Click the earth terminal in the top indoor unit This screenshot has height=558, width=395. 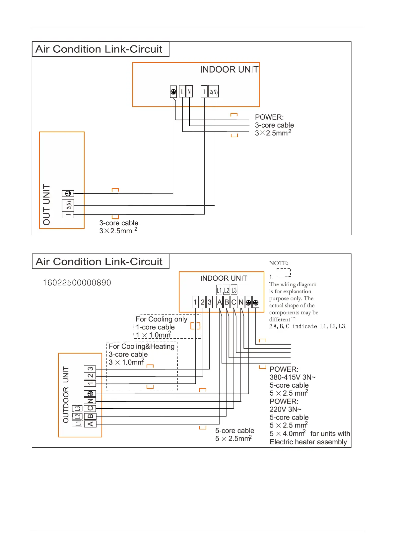tap(173, 92)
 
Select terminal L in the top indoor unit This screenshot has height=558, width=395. tap(182, 92)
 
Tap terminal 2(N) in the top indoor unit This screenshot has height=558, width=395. tap(214, 92)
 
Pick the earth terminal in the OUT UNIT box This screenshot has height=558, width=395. tap(68, 194)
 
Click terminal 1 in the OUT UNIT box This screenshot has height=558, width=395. tap(68, 215)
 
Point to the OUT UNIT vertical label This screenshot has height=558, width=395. tap(47, 205)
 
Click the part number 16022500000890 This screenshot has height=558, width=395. tap(77, 283)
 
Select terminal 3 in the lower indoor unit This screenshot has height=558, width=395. tap(210, 302)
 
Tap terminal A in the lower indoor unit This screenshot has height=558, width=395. tap(219, 302)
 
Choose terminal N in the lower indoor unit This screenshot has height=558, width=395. tap(241, 302)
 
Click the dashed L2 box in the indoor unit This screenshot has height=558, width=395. tap(227, 291)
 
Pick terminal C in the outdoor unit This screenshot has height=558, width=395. tap(90, 409)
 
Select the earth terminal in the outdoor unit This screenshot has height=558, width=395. tap(90, 394)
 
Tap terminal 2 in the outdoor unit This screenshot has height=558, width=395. tap(90, 376)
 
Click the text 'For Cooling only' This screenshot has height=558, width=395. tap(162, 319)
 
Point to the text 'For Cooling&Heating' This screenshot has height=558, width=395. tap(142, 346)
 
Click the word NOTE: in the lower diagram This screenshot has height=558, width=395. tap(279, 263)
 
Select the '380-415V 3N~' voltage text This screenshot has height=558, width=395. tap(293, 377)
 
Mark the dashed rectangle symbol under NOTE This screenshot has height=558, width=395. tap(284, 273)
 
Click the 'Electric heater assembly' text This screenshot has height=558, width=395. tap(308, 442)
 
